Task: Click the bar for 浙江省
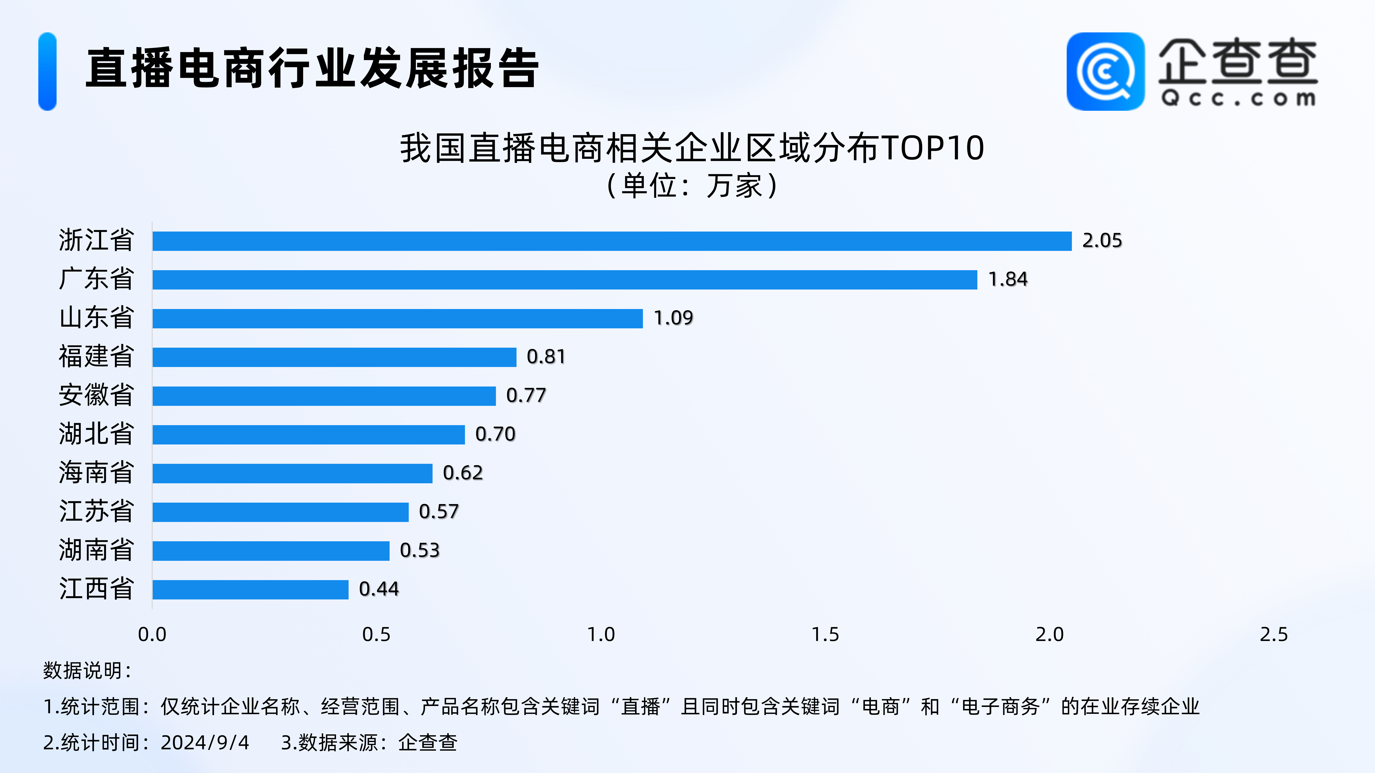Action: click(612, 241)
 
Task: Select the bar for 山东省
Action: click(398, 319)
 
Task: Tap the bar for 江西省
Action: click(250, 589)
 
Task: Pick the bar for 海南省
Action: click(293, 473)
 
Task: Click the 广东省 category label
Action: click(96, 279)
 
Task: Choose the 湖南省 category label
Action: click(96, 550)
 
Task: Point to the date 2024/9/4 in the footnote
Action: click(205, 743)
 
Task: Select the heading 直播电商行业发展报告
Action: click(312, 68)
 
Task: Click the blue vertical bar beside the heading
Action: click(47, 72)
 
